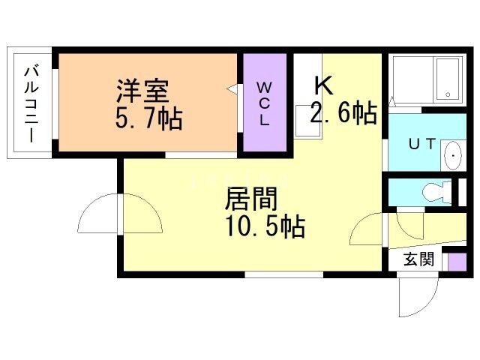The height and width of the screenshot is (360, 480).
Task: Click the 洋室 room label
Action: click(143, 91)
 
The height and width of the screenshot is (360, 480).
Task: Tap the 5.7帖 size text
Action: click(149, 118)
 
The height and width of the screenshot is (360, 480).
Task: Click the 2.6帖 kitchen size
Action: click(343, 113)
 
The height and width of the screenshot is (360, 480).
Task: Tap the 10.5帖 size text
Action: click(265, 226)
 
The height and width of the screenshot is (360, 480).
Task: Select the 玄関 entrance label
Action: click(418, 259)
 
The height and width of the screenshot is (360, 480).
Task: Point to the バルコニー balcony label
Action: click(31, 103)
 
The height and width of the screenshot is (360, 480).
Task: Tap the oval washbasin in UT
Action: click(453, 154)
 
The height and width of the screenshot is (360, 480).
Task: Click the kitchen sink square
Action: click(306, 119)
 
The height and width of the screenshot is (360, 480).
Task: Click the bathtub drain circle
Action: click(448, 95)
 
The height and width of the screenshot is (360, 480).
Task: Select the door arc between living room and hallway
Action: click(367, 229)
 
